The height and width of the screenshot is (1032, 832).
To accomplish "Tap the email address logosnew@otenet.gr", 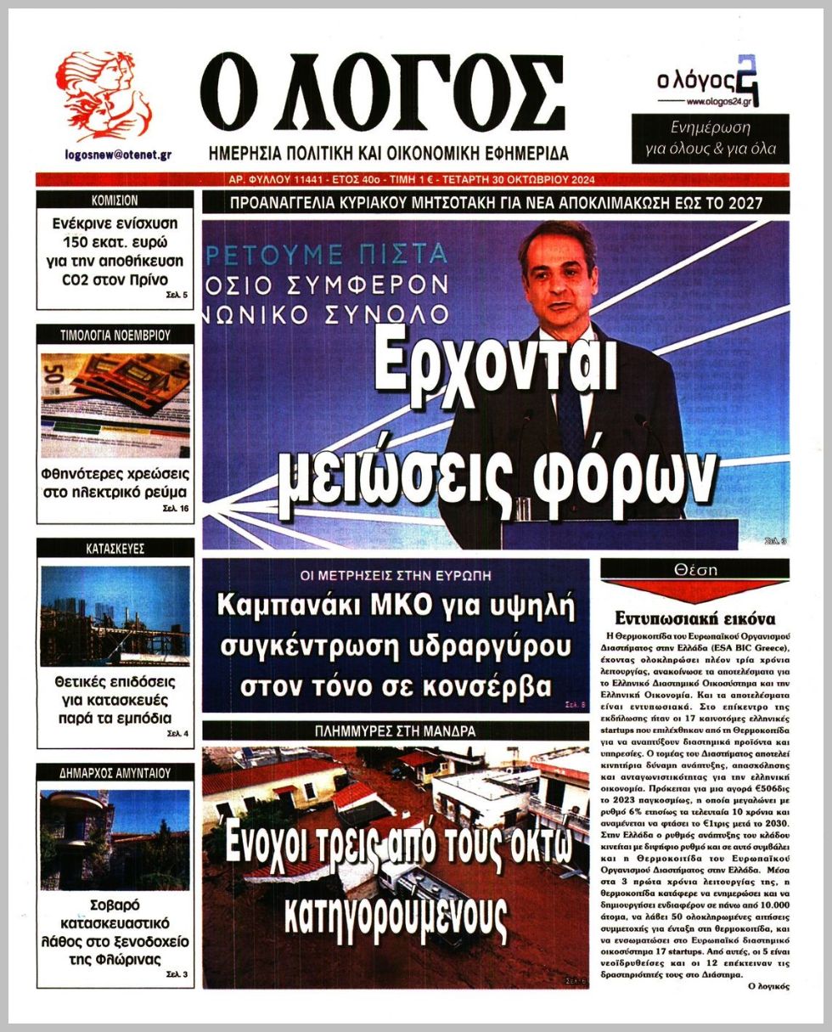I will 118,155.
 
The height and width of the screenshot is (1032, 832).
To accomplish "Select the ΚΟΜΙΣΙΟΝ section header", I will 115,200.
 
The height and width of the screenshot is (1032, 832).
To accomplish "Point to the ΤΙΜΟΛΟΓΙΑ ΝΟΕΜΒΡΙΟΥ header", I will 115,336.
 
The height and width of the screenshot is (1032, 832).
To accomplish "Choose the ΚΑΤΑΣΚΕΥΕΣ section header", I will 115,549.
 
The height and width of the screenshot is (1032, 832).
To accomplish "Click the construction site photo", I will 115,615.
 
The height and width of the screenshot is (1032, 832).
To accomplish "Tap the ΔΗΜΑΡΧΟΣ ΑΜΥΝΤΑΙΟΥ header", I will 115,773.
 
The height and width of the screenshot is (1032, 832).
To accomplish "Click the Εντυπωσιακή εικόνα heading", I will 695,618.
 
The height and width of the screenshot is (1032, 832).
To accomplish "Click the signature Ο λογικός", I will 768,986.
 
